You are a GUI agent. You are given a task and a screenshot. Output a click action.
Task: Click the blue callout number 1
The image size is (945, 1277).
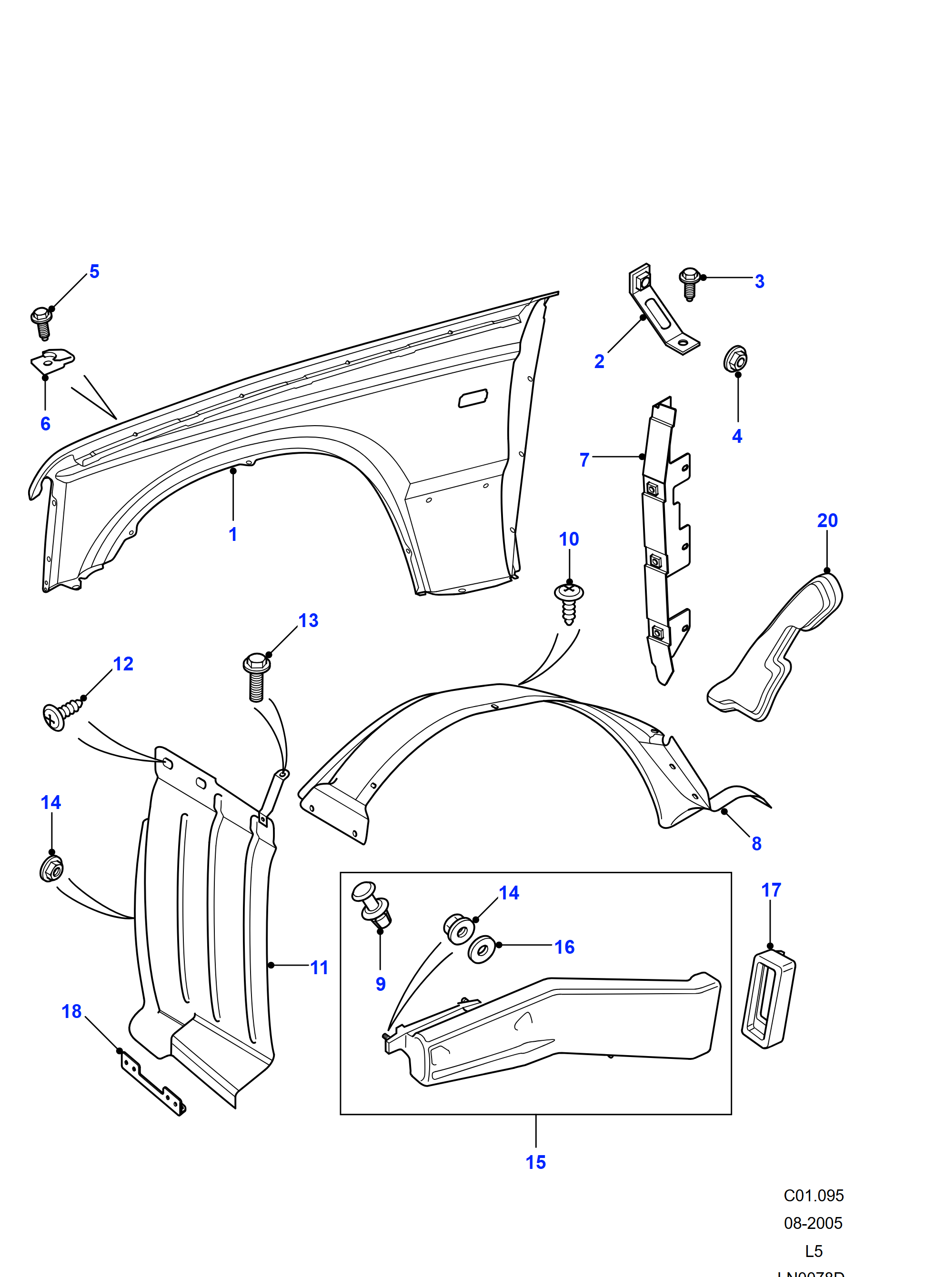tap(233, 534)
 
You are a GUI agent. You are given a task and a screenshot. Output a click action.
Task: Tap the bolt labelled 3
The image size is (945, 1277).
tap(689, 283)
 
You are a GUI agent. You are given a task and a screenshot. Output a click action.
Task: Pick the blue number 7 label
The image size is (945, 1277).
tap(584, 460)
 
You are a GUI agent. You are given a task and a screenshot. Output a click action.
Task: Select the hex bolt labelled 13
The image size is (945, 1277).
tap(257, 676)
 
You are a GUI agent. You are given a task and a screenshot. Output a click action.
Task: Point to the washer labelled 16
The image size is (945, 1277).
tap(482, 950)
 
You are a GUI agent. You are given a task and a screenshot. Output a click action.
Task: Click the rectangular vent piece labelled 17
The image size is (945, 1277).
tap(768, 998)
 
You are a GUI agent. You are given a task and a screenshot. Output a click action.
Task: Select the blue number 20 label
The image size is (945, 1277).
tap(827, 520)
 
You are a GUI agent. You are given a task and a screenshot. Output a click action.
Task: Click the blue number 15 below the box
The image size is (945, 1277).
tap(535, 1163)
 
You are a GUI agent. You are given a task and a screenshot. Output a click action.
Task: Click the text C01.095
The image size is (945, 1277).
tap(814, 1195)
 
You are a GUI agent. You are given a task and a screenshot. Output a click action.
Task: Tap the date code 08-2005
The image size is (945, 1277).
tap(813, 1223)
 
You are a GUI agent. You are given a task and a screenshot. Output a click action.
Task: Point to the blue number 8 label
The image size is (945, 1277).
tap(756, 844)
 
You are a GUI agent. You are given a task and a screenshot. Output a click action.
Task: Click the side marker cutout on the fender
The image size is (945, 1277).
tap(473, 398)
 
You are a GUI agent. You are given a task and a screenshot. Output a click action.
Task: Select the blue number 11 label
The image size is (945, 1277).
tap(319, 968)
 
